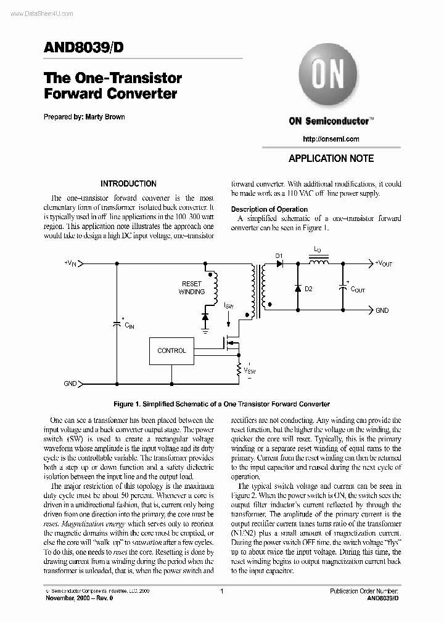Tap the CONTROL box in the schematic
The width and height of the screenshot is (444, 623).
click(171, 351)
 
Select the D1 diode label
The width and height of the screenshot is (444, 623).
click(278, 255)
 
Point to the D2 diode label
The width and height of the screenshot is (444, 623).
click(308, 289)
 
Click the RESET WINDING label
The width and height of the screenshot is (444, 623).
click(192, 287)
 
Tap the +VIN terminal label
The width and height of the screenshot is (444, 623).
click(70, 263)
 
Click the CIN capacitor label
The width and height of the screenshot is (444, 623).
click(129, 325)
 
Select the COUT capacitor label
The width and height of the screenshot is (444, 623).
click(357, 289)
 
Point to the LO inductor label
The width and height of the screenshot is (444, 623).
click(317, 250)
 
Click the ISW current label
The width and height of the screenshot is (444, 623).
click(229, 305)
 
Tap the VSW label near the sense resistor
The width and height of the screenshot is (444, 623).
click(250, 371)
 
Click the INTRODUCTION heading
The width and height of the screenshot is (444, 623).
click(128, 183)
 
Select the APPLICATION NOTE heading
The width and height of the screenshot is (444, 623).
click(331, 158)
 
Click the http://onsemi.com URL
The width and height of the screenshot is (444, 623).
click(331, 139)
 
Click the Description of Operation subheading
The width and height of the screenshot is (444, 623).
click(269, 209)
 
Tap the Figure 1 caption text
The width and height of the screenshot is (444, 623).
click(221, 404)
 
